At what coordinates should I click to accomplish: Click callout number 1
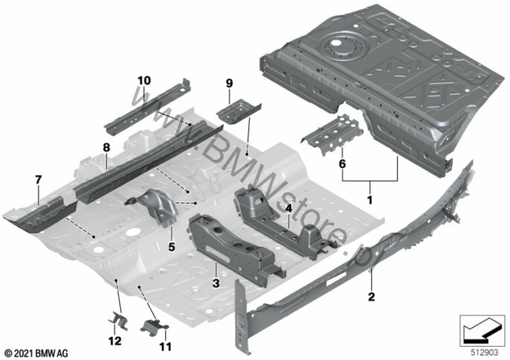coord(369,199)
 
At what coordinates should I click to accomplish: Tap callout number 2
coord(371,297)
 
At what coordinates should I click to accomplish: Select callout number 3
coord(216,283)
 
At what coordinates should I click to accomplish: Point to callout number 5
coord(172,247)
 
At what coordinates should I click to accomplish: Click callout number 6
coord(342,164)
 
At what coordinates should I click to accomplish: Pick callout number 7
coord(39,179)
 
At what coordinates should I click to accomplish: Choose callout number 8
coord(106,147)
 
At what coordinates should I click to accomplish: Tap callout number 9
coord(229,83)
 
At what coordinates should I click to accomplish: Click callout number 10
coord(144,80)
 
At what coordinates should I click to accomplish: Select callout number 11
coord(165,347)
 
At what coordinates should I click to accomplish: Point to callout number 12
coord(115,341)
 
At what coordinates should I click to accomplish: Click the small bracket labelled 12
coord(117,321)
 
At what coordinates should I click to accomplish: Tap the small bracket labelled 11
coord(154,326)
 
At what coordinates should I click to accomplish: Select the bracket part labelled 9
coord(239,111)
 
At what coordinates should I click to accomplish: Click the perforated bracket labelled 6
coord(332,133)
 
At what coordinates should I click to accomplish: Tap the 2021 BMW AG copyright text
coord(36,353)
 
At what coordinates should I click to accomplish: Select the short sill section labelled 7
coord(41,214)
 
